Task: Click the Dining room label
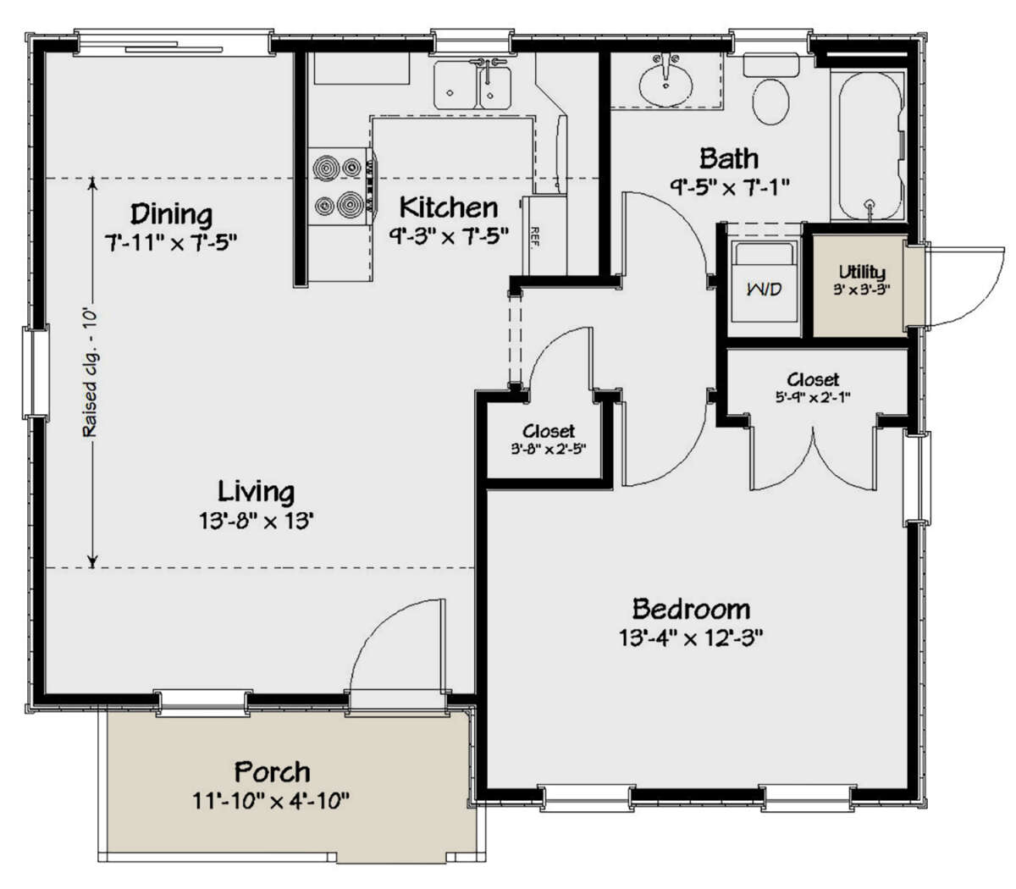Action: click(171, 213)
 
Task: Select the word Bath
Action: click(728, 158)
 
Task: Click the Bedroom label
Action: click(691, 609)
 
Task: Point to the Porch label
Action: click(272, 772)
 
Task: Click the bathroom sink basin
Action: click(665, 83)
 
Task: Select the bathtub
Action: click(868, 144)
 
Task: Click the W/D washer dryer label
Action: click(764, 290)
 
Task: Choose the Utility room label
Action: click(862, 272)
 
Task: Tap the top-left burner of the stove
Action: click(325, 168)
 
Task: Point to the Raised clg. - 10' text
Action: click(90, 373)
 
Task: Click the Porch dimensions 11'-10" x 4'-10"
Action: click(271, 801)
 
